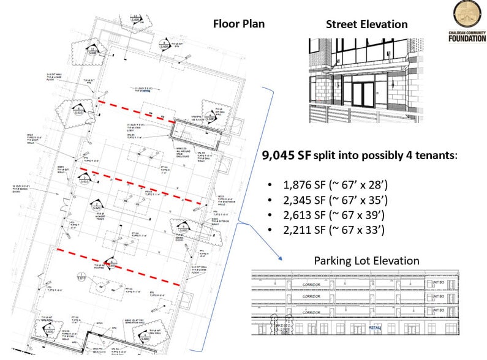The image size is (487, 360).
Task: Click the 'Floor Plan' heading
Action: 239,24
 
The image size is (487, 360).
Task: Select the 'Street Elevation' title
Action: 366,24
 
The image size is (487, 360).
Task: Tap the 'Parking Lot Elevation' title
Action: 366,261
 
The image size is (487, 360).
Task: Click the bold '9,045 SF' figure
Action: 286,156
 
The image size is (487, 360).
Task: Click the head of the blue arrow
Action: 279,260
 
